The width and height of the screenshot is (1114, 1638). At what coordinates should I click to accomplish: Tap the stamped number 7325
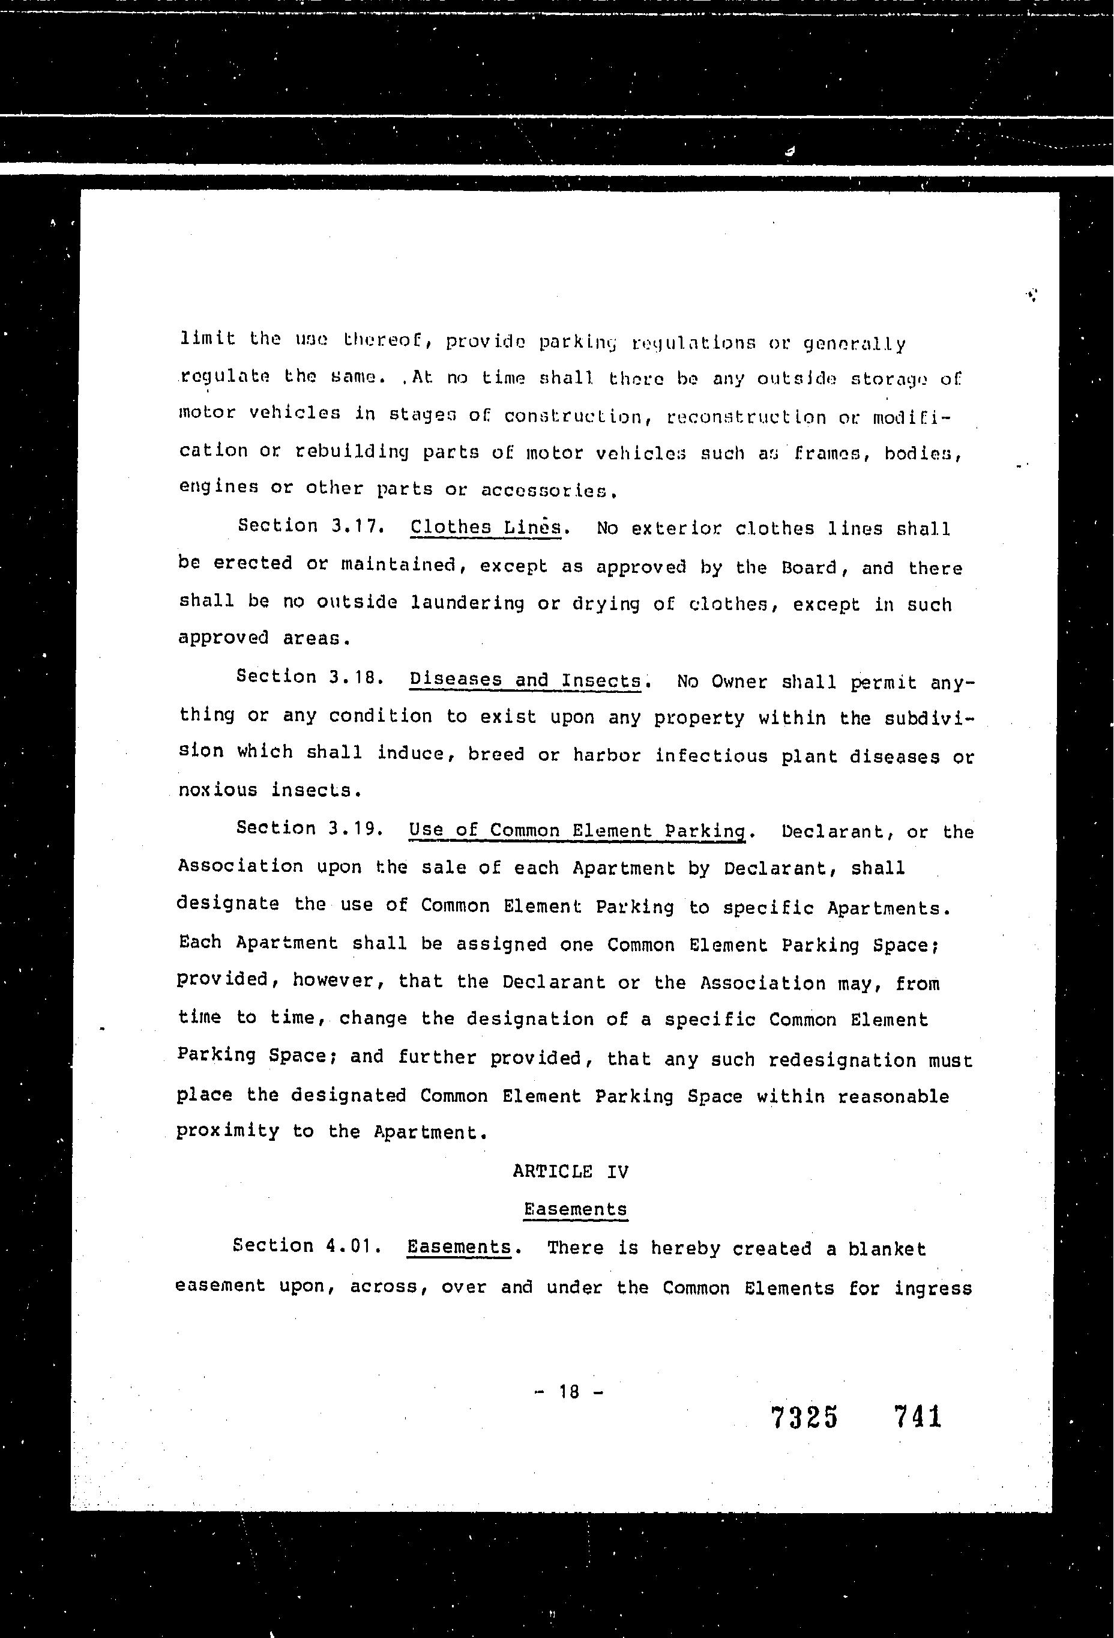click(805, 1416)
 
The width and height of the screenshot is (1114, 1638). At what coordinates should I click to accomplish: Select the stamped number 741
click(917, 1415)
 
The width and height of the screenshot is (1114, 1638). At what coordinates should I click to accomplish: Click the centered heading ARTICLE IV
click(571, 1171)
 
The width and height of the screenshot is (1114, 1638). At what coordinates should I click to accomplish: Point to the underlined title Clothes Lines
click(486, 527)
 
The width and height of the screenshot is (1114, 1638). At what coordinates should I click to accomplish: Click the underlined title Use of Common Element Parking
click(577, 830)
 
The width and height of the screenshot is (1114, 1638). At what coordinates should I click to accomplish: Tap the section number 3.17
click(357, 526)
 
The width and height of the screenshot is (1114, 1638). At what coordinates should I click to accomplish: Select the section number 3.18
click(356, 677)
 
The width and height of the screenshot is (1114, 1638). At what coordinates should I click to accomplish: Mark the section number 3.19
click(356, 828)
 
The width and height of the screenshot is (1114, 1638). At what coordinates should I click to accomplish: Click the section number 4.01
click(354, 1245)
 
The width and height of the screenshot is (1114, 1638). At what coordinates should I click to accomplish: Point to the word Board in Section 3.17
click(809, 567)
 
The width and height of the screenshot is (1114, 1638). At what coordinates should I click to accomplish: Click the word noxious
click(218, 790)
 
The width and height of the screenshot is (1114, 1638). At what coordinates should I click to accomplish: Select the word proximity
click(227, 1131)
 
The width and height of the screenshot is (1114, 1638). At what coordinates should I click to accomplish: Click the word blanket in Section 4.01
click(887, 1249)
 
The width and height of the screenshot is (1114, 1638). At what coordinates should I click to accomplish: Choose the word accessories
click(546, 490)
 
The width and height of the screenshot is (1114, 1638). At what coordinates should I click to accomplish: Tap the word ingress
click(933, 1289)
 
